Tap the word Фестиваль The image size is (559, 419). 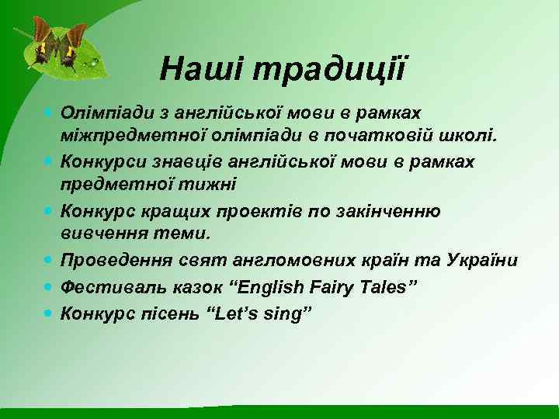[109, 288]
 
